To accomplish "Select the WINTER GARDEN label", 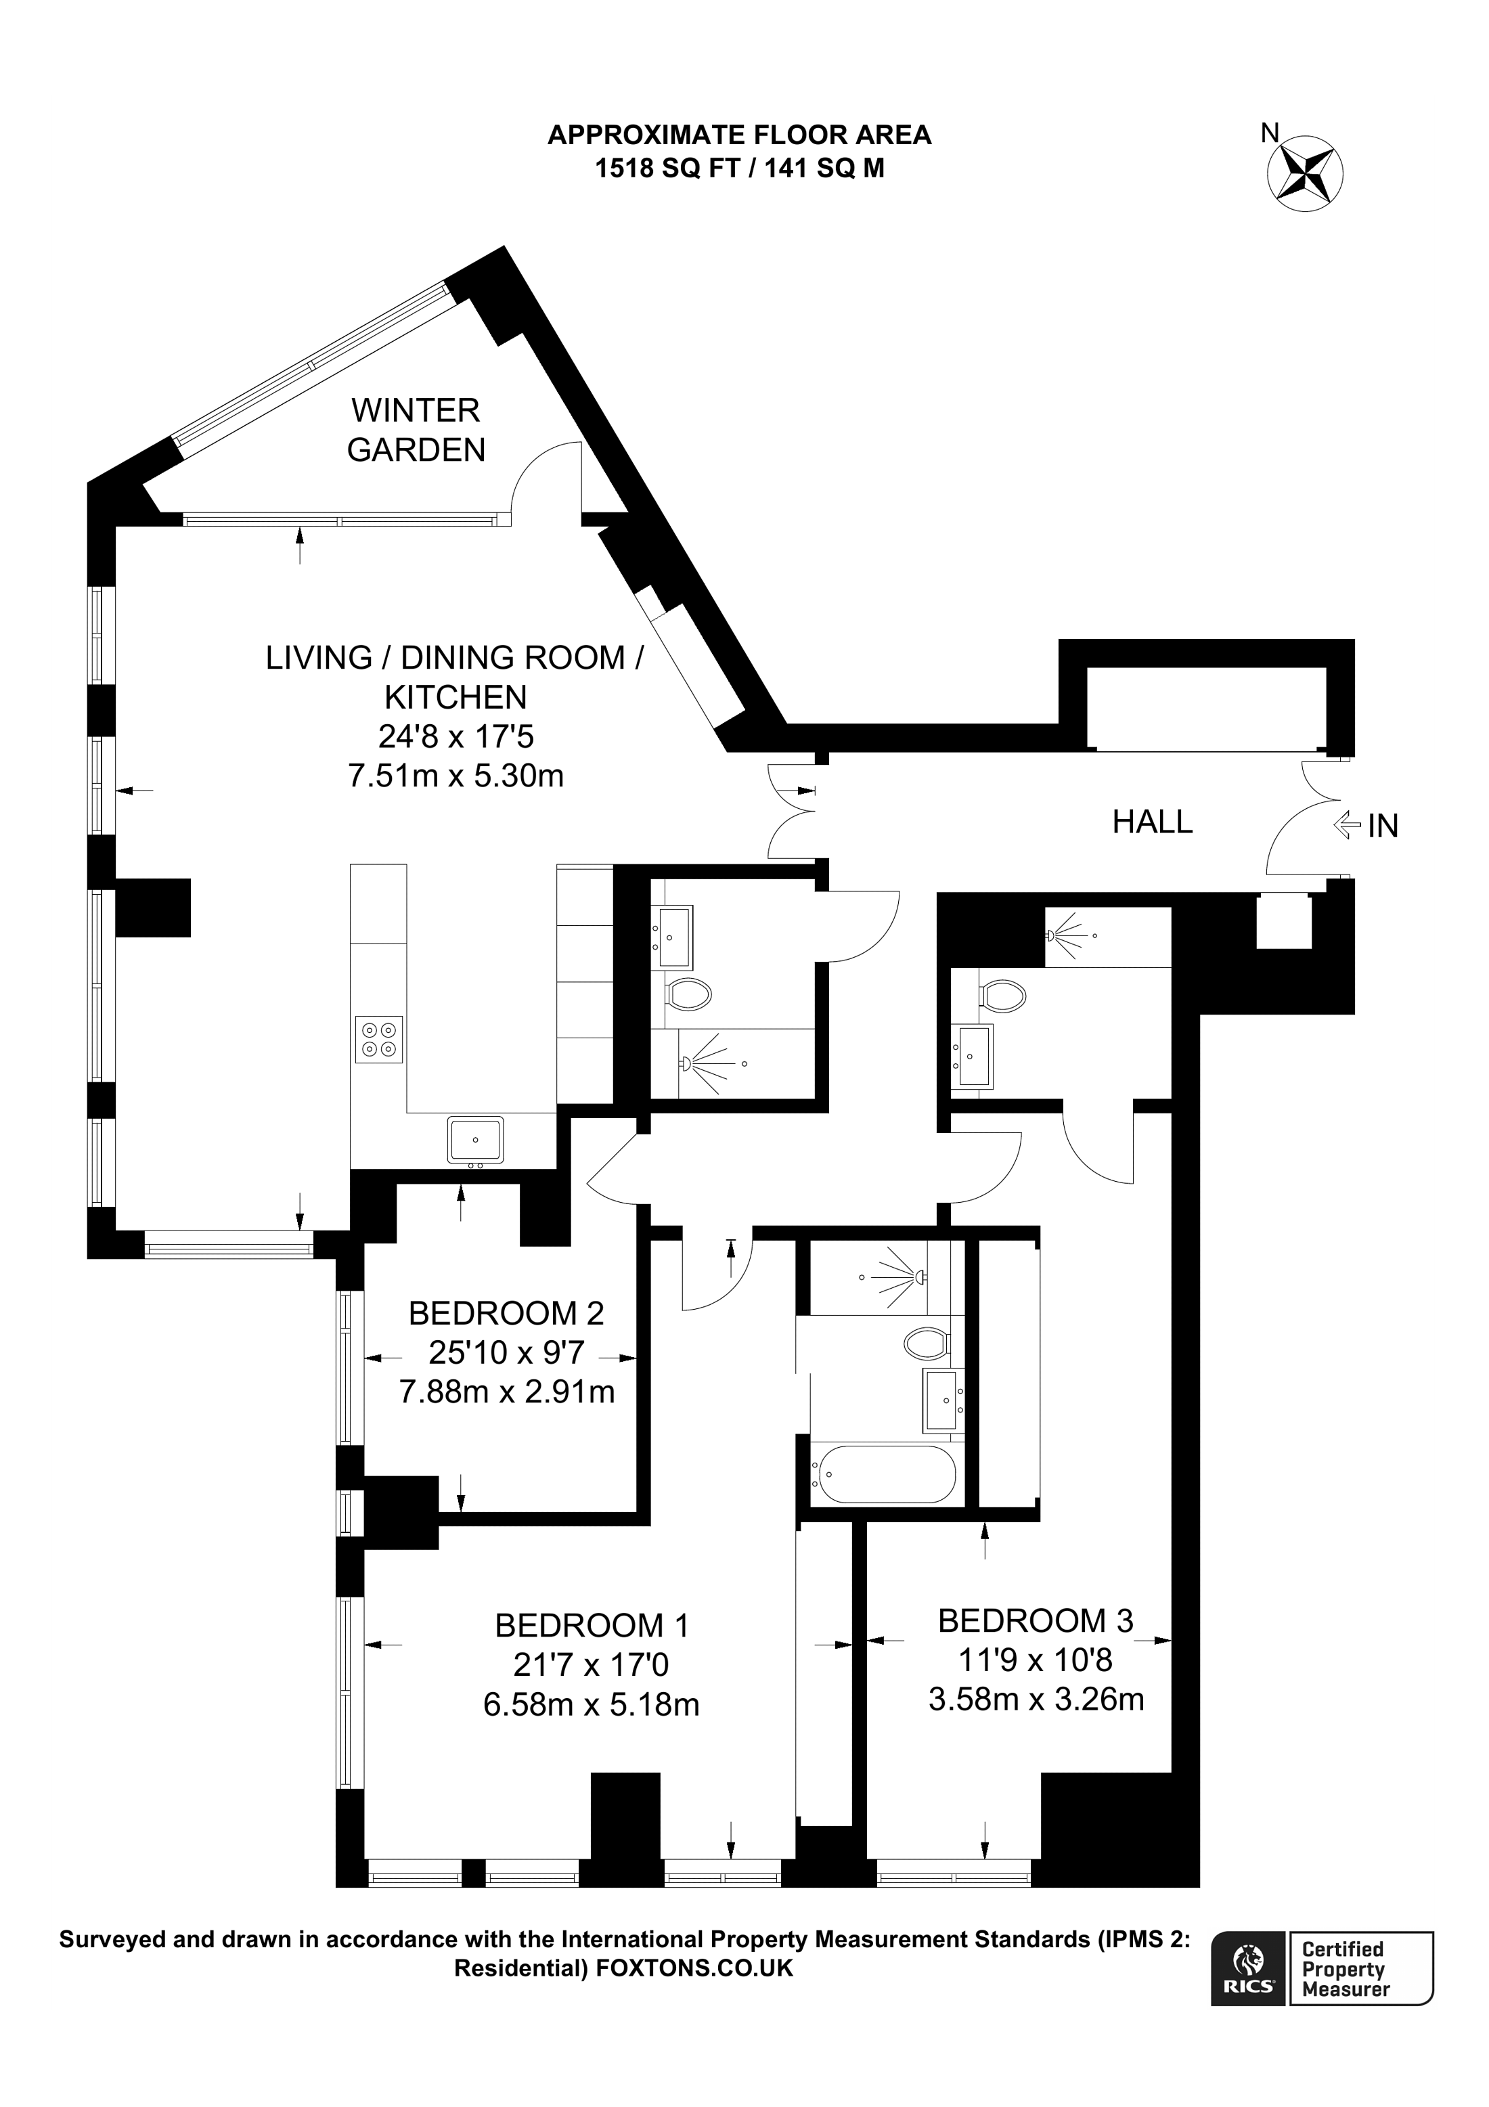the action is tap(416, 430).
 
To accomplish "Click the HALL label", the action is tap(1153, 821).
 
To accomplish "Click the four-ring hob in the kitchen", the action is tap(379, 1039).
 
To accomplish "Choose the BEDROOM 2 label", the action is tap(506, 1313).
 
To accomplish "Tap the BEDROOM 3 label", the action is tap(1036, 1620).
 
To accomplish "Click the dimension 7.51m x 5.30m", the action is tap(456, 776).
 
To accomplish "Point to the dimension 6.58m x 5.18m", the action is tap(592, 1705).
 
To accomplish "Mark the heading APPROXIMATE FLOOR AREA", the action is tap(740, 136).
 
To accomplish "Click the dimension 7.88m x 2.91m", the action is tap(506, 1392).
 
